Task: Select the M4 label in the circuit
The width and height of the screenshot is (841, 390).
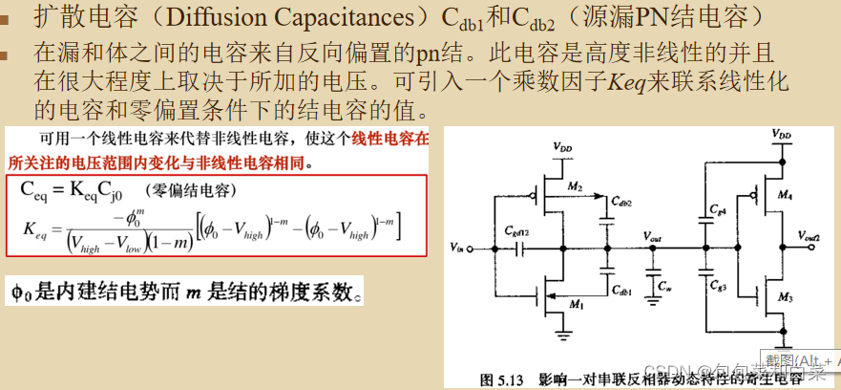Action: (x=786, y=195)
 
